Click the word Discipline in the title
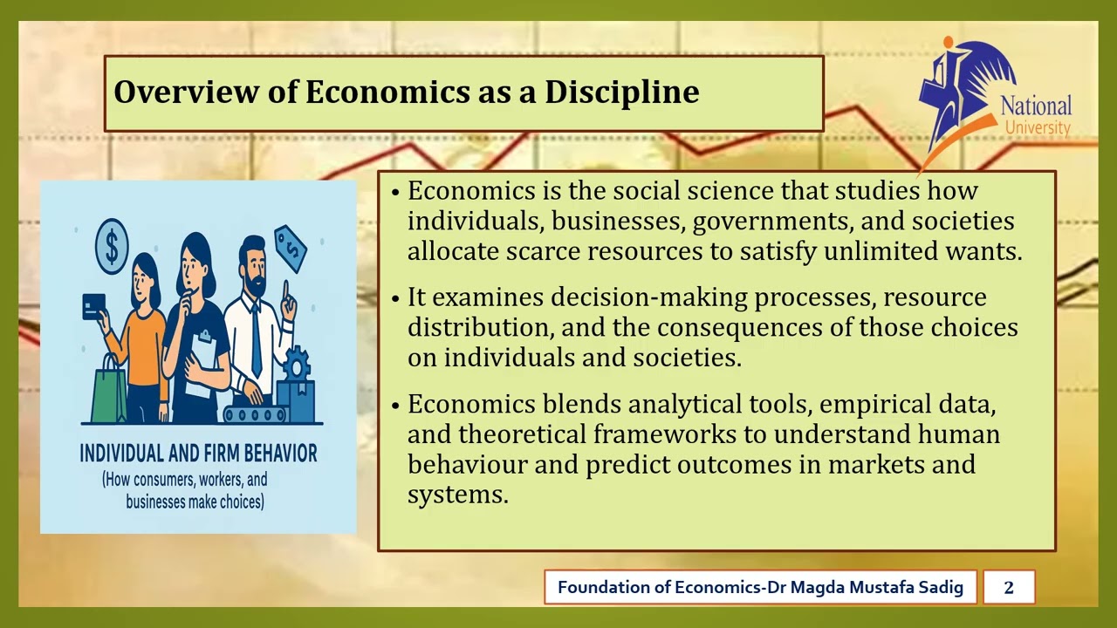(x=621, y=92)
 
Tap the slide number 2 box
(x=1009, y=587)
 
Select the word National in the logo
(x=1036, y=106)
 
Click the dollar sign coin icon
(x=111, y=245)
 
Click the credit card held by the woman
(x=93, y=306)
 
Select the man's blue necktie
(x=256, y=339)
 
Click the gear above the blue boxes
(x=297, y=362)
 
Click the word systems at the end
(x=456, y=494)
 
